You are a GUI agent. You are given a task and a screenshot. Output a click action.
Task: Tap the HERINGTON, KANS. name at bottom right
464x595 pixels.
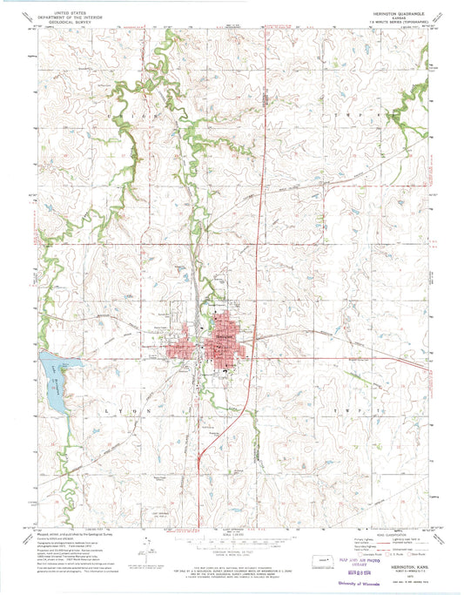(400, 564)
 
